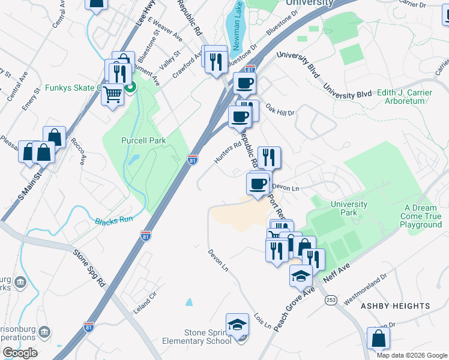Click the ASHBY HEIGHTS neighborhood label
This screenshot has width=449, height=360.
click(395, 306)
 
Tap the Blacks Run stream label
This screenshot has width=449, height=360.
click(113, 220)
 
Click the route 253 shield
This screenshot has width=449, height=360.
click(331, 299)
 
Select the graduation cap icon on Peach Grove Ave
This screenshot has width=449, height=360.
click(301, 275)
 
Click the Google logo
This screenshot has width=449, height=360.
click(20, 353)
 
